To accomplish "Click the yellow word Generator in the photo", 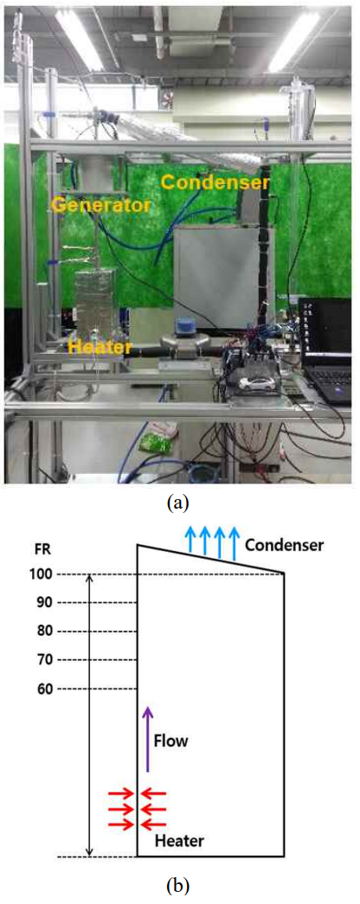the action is click(x=103, y=204).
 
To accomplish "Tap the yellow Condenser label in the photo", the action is click(x=215, y=183).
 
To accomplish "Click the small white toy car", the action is click(x=260, y=383).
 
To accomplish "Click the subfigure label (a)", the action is click(x=177, y=503).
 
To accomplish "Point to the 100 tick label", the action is click(x=44, y=574).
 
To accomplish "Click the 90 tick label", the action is click(x=44, y=603).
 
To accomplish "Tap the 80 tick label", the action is click(x=44, y=632).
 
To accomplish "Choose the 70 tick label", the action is click(x=44, y=659).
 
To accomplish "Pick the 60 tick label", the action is click(x=44, y=689).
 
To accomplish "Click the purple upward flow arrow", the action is click(x=148, y=739).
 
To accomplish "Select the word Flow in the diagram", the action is click(x=171, y=741).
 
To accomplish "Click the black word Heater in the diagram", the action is click(x=179, y=841).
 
